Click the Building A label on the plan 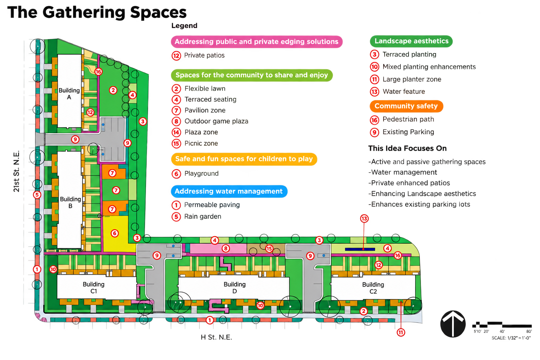click(x=69, y=94)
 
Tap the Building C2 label click(x=373, y=288)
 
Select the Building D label click(x=234, y=288)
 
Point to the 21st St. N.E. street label click(x=16, y=172)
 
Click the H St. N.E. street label click(x=216, y=337)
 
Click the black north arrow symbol click(x=453, y=324)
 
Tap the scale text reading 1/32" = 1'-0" click(x=519, y=338)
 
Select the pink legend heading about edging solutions click(x=257, y=42)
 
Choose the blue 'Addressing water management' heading click(x=229, y=192)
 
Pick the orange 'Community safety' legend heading click(x=406, y=106)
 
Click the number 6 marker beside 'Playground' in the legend click(x=176, y=174)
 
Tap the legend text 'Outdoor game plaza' click(x=216, y=121)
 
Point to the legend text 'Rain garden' click(x=202, y=217)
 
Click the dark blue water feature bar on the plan click(x=360, y=249)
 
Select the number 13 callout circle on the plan click(x=364, y=219)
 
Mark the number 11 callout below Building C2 click(x=401, y=333)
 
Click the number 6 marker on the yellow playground click(x=115, y=233)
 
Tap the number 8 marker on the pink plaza click(x=226, y=248)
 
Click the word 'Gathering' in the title click(x=84, y=13)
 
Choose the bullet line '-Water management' click(x=403, y=172)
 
